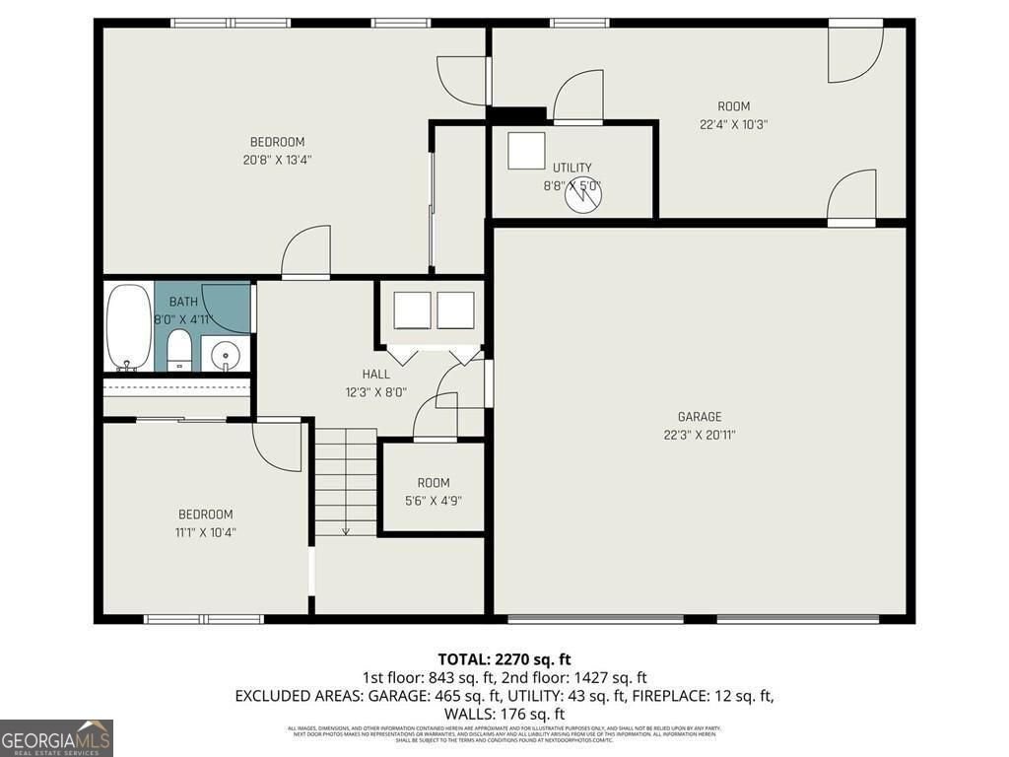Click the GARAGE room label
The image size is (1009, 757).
tap(699, 417)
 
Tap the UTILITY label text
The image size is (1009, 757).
tap(572, 169)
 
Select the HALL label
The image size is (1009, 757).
tap(375, 375)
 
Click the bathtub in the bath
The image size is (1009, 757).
tap(128, 328)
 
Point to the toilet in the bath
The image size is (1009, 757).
tap(178, 351)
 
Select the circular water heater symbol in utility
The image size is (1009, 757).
tap(582, 195)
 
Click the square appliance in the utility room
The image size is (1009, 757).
tap(526, 151)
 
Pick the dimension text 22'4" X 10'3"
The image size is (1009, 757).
tap(733, 124)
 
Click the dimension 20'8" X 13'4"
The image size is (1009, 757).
tap(277, 159)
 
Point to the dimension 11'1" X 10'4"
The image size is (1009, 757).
tap(205, 532)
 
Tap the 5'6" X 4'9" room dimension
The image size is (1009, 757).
tap(433, 500)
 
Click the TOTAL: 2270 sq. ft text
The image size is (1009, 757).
tap(504, 659)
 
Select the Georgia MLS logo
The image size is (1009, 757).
tap(56, 738)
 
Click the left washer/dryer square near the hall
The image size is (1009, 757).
tap(412, 310)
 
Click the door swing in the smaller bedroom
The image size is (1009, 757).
tap(277, 446)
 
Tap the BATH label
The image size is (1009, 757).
tap(183, 302)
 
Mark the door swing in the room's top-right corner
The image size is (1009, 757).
tap(853, 52)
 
